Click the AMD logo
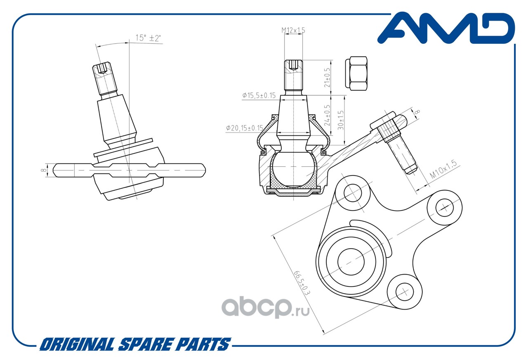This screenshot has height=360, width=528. point(446,28)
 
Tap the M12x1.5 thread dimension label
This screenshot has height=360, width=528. point(293,30)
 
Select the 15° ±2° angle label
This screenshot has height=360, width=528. point(148,38)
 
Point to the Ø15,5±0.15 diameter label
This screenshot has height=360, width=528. point(259,95)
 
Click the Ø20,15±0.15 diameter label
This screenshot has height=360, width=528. point(245,128)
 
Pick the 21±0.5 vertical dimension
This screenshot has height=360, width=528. point(327,78)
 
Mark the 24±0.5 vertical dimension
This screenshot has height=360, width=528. point(327,115)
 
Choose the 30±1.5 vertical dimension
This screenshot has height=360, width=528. point(341,120)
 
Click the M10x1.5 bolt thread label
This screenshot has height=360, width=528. point(443,169)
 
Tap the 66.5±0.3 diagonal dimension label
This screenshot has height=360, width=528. point(302,283)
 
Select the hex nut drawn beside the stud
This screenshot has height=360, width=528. point(356,73)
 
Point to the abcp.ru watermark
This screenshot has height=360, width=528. point(265,307)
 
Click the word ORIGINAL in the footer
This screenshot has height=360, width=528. point(77,344)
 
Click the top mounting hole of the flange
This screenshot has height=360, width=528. point(353,193)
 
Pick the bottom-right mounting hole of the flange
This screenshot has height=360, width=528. point(405,292)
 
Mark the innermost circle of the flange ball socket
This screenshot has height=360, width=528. point(351,261)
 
